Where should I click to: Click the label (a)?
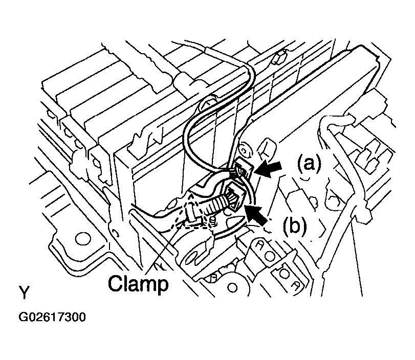point(310,164)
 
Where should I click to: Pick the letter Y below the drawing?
point(24,292)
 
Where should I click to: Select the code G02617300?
point(52,317)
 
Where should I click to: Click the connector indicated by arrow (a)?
point(242,169)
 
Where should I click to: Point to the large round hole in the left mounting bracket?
point(82,239)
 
